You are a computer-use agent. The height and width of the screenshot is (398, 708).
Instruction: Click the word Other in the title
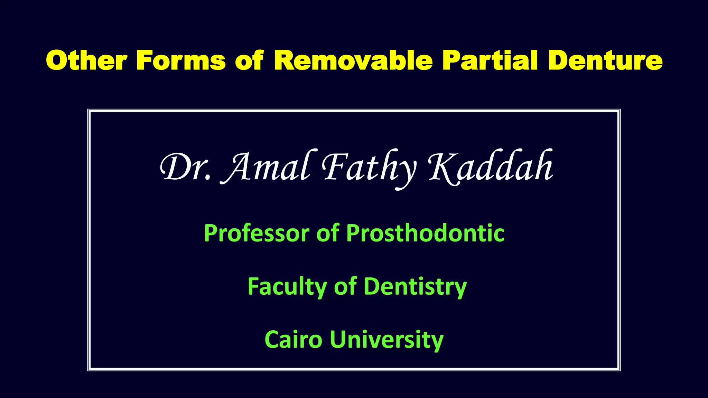pos(86,60)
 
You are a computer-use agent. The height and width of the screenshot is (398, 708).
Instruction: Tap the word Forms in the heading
pos(181,60)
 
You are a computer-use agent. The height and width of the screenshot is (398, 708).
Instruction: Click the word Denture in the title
pos(605,60)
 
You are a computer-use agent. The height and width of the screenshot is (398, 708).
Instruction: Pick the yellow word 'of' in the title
pos(249,60)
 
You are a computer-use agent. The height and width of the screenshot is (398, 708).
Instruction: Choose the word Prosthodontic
pos(425,234)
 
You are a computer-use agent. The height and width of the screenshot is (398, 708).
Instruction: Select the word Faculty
pos(287,287)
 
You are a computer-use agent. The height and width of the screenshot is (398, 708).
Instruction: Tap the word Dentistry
pos(415,287)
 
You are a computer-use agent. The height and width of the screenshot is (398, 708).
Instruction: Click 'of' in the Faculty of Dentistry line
pos(345,287)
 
